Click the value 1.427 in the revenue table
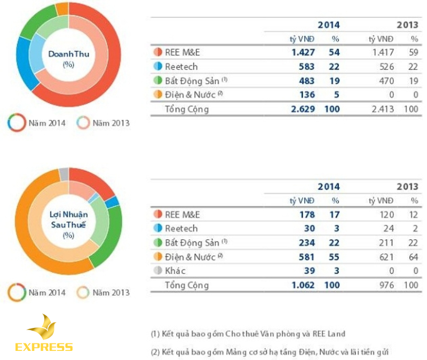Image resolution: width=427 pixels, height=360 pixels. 303,52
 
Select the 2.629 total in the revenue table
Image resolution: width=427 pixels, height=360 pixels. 303,109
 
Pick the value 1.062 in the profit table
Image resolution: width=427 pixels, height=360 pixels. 303,285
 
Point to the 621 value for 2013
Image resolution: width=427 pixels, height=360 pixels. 384,257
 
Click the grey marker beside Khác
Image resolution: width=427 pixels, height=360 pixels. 157,271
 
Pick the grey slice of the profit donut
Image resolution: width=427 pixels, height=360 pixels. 64,174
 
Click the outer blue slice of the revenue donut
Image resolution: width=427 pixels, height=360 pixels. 16,69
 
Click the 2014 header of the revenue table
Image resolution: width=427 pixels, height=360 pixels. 328,25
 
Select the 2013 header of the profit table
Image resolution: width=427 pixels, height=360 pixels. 407,186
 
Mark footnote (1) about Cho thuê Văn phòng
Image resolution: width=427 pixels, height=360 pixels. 248,334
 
